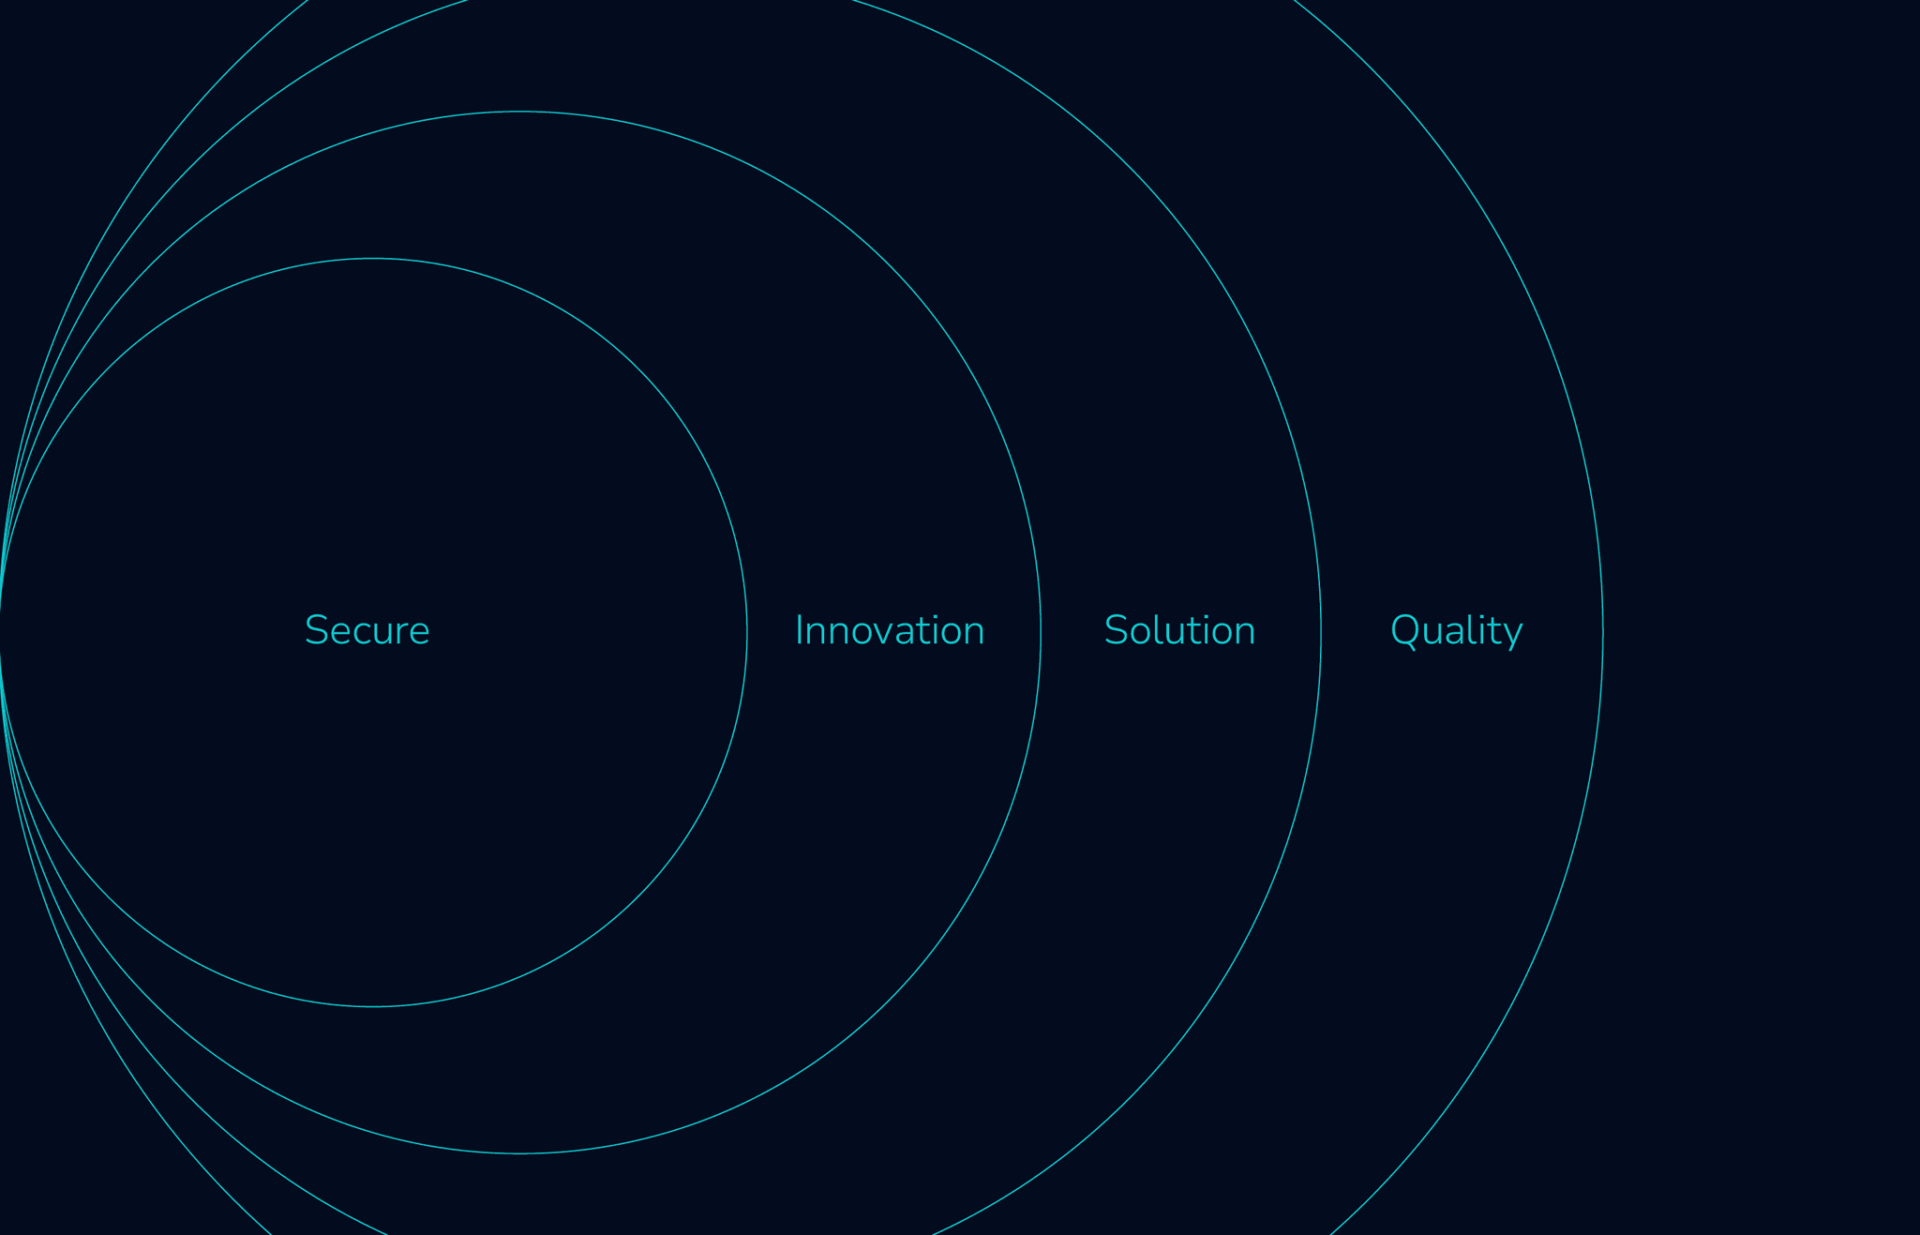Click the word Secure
367,631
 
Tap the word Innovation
889,631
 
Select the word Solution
1179,631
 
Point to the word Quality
1456,631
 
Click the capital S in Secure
315,631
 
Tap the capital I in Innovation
798,631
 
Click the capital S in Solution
1115,631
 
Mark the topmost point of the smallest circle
373,258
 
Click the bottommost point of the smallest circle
373,1007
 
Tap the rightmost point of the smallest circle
747,632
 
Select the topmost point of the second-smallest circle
520,112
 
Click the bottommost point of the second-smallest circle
520,1153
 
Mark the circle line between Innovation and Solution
1041,632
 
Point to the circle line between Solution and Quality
1321,632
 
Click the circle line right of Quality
1603,632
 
